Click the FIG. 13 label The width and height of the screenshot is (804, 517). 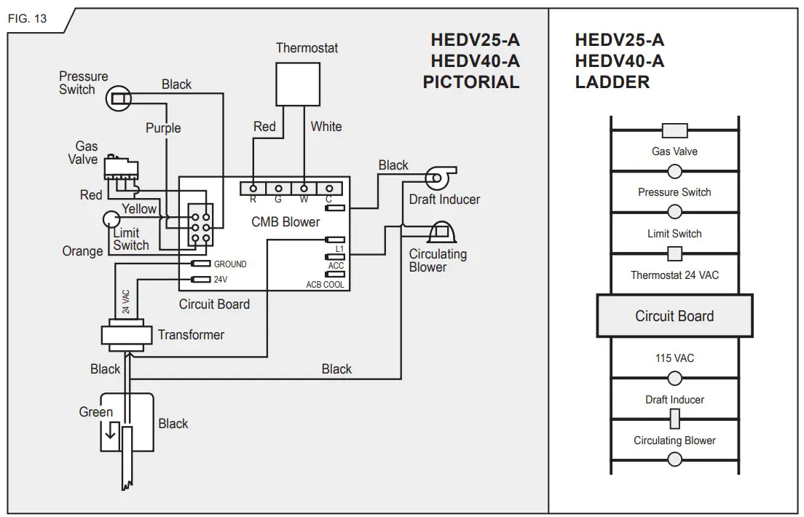(27, 18)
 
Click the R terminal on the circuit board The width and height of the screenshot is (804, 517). (253, 189)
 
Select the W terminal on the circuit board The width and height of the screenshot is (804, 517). (304, 189)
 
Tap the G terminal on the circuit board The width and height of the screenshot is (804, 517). (278, 189)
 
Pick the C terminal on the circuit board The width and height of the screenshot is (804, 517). (329, 189)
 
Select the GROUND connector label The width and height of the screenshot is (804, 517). (230, 264)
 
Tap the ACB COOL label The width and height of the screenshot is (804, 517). (325, 285)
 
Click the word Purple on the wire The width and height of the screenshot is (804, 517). (163, 128)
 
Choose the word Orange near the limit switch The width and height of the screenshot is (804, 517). (82, 251)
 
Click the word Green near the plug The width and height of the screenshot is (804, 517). (96, 412)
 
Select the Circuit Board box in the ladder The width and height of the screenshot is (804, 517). (674, 316)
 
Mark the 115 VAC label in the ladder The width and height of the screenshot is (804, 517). (674, 359)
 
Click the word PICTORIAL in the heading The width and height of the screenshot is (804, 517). (471, 82)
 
